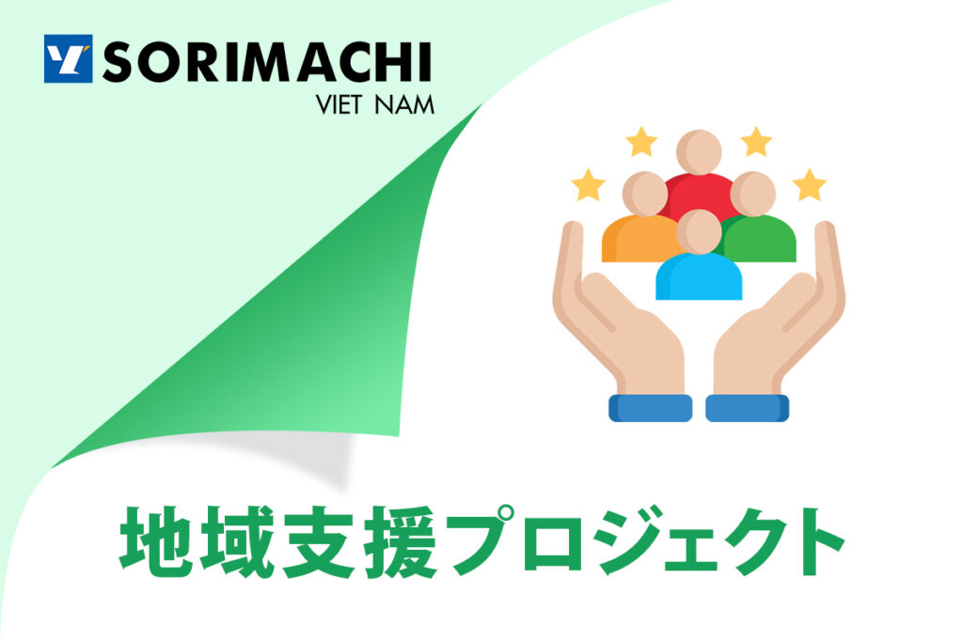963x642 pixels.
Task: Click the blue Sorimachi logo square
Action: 68,59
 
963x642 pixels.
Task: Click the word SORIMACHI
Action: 267,61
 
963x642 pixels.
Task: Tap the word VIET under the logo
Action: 338,105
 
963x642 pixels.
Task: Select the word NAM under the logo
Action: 404,105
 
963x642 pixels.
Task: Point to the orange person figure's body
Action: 639,240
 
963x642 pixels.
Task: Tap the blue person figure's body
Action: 699,277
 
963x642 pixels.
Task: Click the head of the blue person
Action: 699,231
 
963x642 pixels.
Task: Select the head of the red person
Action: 699,151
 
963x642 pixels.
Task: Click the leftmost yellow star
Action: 589,185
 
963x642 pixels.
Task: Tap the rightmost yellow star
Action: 810,185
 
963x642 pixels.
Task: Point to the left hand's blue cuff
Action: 651,408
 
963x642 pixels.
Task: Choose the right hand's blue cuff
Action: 748,408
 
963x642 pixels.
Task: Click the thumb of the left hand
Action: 568,270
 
